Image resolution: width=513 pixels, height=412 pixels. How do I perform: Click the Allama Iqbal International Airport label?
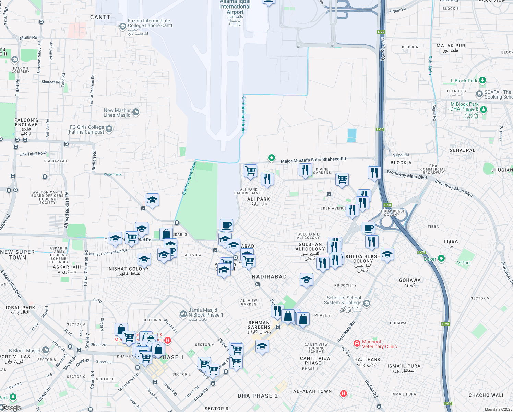point(235,7)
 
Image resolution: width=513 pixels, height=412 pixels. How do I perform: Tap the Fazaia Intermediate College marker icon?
point(122,26)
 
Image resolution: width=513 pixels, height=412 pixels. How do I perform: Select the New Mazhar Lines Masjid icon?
point(135,112)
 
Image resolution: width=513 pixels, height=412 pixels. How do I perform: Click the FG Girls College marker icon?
point(109,129)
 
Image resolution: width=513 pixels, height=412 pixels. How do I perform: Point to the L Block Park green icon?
point(482,80)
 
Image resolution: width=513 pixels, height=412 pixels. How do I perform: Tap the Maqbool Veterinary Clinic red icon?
point(357,343)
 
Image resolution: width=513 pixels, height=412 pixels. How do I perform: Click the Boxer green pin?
point(441,258)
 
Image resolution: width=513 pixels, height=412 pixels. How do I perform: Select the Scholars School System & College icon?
point(367,303)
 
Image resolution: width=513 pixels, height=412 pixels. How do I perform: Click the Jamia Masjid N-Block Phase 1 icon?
point(183,314)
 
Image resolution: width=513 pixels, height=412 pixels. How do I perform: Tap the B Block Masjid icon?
point(46,350)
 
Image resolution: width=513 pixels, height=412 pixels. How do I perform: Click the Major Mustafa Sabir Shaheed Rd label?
point(313,160)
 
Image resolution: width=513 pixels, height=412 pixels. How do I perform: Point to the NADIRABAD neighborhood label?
point(269,277)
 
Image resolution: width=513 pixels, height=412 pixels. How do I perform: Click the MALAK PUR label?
point(451,46)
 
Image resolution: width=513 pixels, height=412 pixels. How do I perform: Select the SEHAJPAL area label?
point(462,150)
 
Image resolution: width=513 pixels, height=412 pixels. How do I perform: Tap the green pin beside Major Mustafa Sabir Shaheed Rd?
point(271,158)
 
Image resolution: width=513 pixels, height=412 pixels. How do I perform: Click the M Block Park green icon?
point(483,110)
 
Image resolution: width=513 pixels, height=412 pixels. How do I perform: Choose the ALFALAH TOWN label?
point(312,391)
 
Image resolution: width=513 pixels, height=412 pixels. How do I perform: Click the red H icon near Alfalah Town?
point(343,393)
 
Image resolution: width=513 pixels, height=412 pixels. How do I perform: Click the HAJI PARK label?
point(367,360)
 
